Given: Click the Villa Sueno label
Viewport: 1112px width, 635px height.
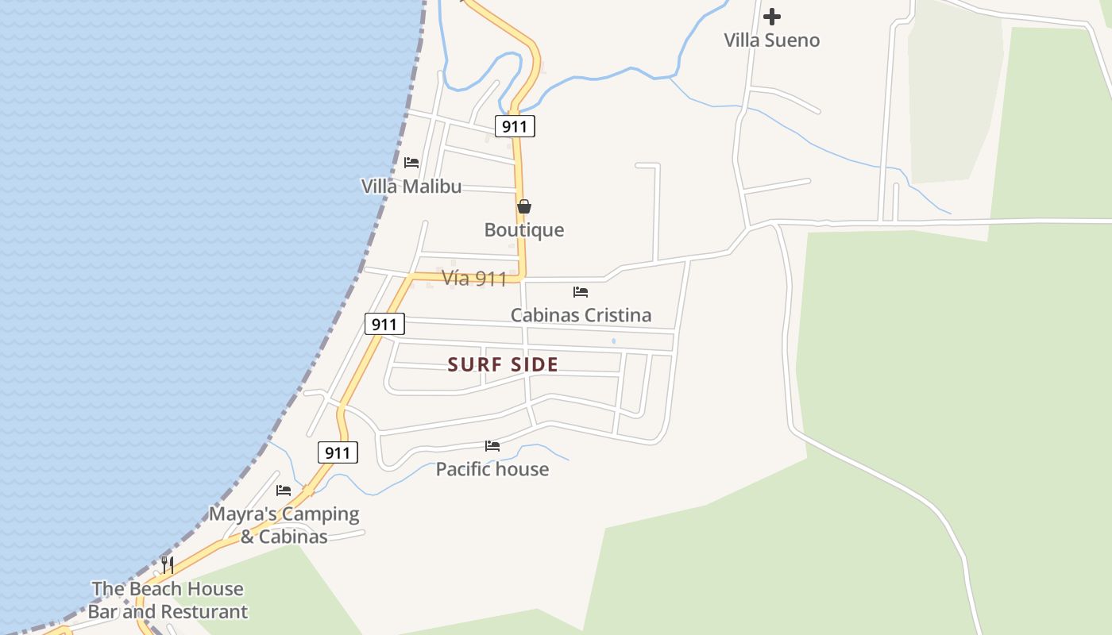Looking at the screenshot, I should pyautogui.click(x=771, y=40).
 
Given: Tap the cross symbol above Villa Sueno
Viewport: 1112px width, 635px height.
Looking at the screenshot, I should pyautogui.click(x=771, y=16).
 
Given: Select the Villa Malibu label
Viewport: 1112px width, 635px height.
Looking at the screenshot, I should pyautogui.click(x=411, y=187).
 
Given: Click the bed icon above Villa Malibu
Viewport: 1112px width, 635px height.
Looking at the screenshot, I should pyautogui.click(x=411, y=163).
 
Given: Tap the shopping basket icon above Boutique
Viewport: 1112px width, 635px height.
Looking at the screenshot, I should pyautogui.click(x=524, y=206).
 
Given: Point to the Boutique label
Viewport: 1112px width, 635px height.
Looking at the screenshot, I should pyautogui.click(x=524, y=230).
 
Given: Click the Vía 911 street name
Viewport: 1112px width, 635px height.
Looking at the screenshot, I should pyautogui.click(x=474, y=279).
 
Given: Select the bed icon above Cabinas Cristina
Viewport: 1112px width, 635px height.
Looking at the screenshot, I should pyautogui.click(x=581, y=292).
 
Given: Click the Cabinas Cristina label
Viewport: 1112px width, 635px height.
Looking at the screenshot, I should pyautogui.click(x=581, y=315).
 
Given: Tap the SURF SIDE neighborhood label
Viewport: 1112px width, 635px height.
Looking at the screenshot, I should pyautogui.click(x=503, y=365).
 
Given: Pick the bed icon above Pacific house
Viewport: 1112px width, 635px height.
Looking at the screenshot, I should pyautogui.click(x=492, y=446).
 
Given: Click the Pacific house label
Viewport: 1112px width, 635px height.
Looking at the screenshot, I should pyautogui.click(x=492, y=469).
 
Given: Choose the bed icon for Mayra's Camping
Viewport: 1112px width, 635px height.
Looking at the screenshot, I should pyautogui.click(x=284, y=491).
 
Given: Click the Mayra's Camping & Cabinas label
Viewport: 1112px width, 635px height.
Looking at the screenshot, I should pyautogui.click(x=284, y=525).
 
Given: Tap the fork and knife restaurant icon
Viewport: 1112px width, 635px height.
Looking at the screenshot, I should pyautogui.click(x=168, y=565).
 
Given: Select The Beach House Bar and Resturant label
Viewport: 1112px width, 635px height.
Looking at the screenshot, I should pyautogui.click(x=168, y=600).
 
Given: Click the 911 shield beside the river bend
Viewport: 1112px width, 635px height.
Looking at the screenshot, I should pyautogui.click(x=515, y=126).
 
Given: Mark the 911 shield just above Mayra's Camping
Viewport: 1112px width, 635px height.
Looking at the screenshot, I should pyautogui.click(x=338, y=453).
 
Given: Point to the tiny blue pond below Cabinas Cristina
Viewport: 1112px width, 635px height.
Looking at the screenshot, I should pyautogui.click(x=613, y=341).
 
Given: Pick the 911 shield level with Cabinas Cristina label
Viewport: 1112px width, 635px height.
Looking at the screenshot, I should pyautogui.click(x=384, y=324).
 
